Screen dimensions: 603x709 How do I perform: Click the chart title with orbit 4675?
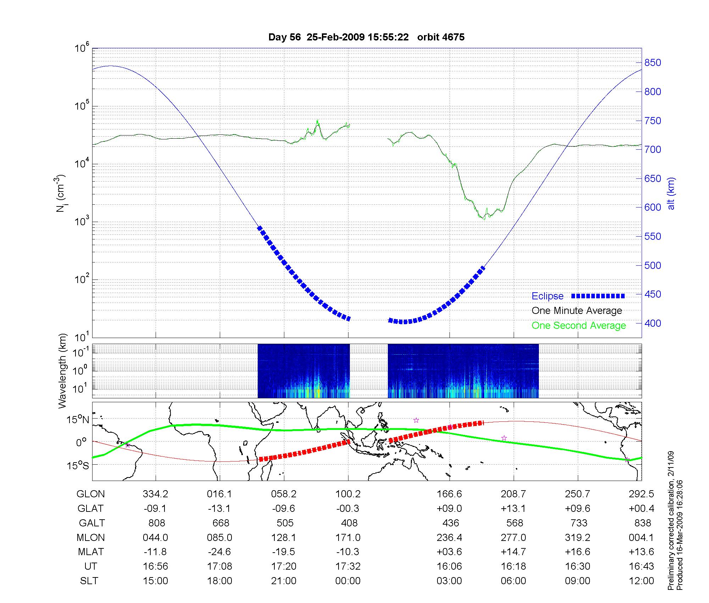tap(366, 37)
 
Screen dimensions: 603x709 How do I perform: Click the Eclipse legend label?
tap(547, 296)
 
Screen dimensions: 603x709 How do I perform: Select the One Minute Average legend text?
tap(577, 311)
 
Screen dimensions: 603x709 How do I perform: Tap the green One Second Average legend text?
tap(579, 326)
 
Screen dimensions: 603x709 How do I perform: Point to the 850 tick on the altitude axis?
tap(652, 63)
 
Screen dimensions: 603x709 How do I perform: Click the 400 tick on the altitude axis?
tap(652, 323)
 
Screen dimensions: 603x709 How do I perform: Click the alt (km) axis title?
tap(671, 193)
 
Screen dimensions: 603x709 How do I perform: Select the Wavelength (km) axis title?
tap(63, 371)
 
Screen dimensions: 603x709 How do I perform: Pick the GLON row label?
tap(90, 494)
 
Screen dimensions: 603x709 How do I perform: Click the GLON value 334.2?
tap(155, 494)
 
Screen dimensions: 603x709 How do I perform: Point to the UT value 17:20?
tap(284, 566)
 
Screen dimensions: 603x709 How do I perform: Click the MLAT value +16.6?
tap(577, 552)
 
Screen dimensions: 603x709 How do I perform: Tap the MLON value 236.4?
tap(449, 538)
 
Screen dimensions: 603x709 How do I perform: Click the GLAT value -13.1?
tap(219, 509)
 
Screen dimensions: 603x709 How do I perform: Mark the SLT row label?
tap(89, 581)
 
